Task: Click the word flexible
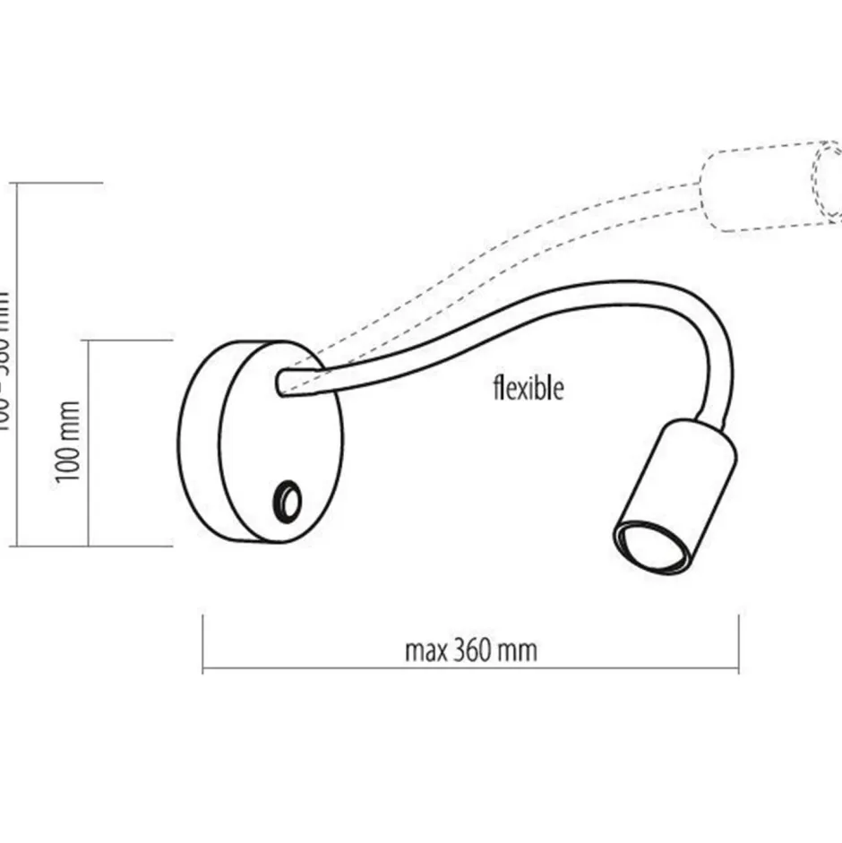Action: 528,388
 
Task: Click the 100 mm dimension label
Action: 70,442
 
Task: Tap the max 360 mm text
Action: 471,649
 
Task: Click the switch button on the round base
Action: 288,498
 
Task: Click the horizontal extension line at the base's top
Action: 125,340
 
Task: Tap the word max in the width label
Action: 425,650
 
